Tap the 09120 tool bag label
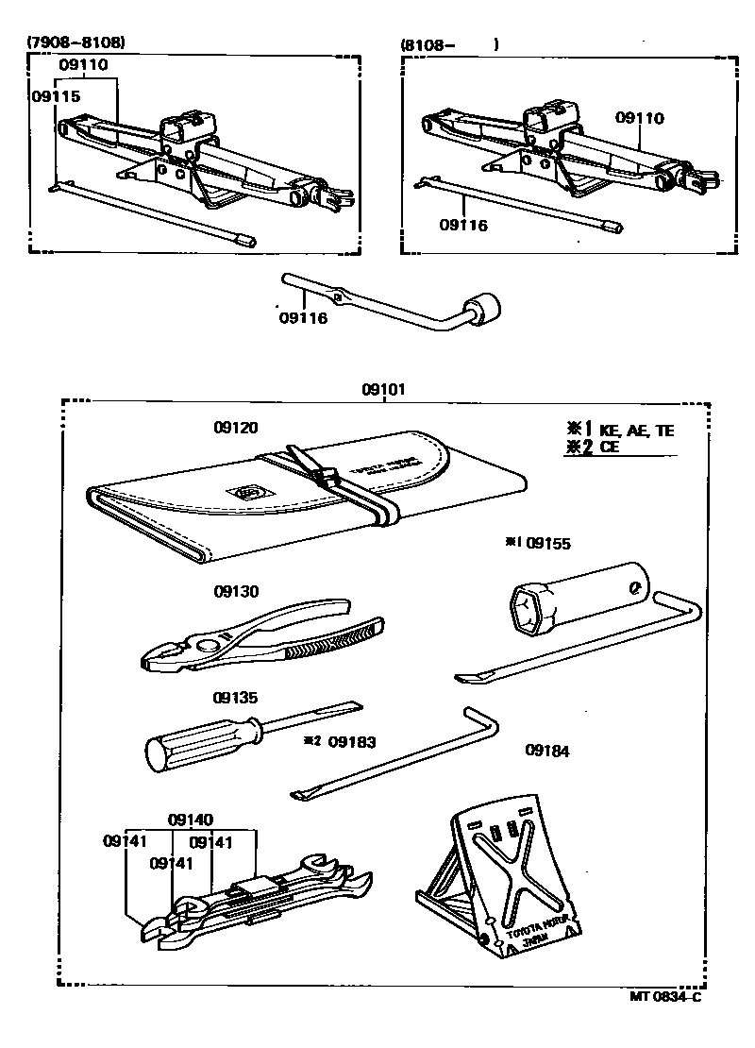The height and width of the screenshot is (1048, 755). tap(235, 427)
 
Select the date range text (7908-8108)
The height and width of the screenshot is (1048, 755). tap(75, 42)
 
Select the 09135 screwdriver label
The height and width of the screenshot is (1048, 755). tap(235, 699)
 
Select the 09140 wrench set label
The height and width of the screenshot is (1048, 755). tap(192, 820)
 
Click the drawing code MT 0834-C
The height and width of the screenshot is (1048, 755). tap(666, 995)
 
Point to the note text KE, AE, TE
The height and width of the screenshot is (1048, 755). tap(638, 431)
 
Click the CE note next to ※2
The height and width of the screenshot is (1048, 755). tap(610, 448)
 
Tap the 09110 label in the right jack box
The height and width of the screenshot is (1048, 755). tap(640, 119)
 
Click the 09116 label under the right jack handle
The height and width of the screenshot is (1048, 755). tap(463, 226)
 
